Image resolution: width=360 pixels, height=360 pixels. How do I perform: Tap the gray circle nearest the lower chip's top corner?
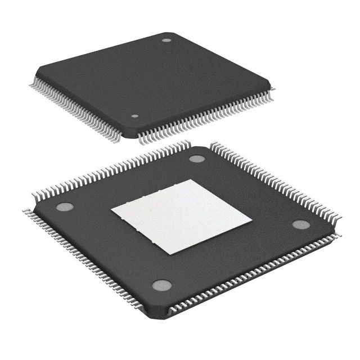[x=196, y=158]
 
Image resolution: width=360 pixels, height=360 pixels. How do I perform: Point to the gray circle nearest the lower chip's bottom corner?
[x=161, y=285]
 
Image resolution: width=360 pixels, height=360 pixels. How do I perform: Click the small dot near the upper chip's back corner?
[x=166, y=40]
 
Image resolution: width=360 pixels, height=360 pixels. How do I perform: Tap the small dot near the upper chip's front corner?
[x=134, y=116]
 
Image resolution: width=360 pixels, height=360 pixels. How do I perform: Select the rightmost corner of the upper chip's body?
[x=274, y=84]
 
